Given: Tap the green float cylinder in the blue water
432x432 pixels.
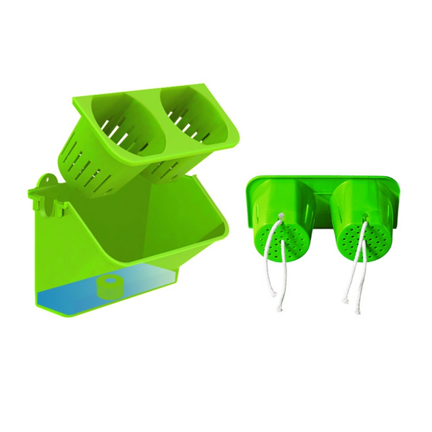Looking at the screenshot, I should tap(110, 286).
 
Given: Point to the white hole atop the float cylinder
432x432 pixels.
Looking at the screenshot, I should tap(110, 281).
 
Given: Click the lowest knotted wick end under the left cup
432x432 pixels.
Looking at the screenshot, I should tap(279, 308).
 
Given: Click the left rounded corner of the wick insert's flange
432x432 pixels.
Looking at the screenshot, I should tap(249, 186).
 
